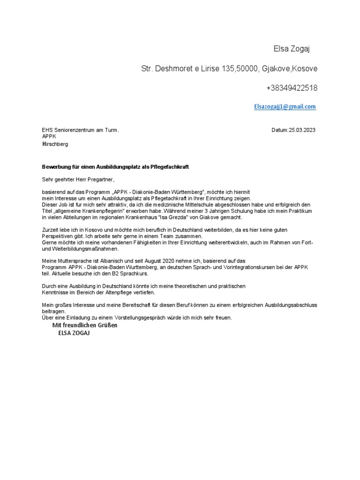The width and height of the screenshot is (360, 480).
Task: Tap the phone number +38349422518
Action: [292, 88]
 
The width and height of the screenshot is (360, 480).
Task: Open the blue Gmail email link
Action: [285, 107]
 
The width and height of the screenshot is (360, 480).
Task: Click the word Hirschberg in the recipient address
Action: [55, 144]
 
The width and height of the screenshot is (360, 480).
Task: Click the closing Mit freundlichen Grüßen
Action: [84, 325]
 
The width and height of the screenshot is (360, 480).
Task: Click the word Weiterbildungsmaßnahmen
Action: [80, 249]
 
